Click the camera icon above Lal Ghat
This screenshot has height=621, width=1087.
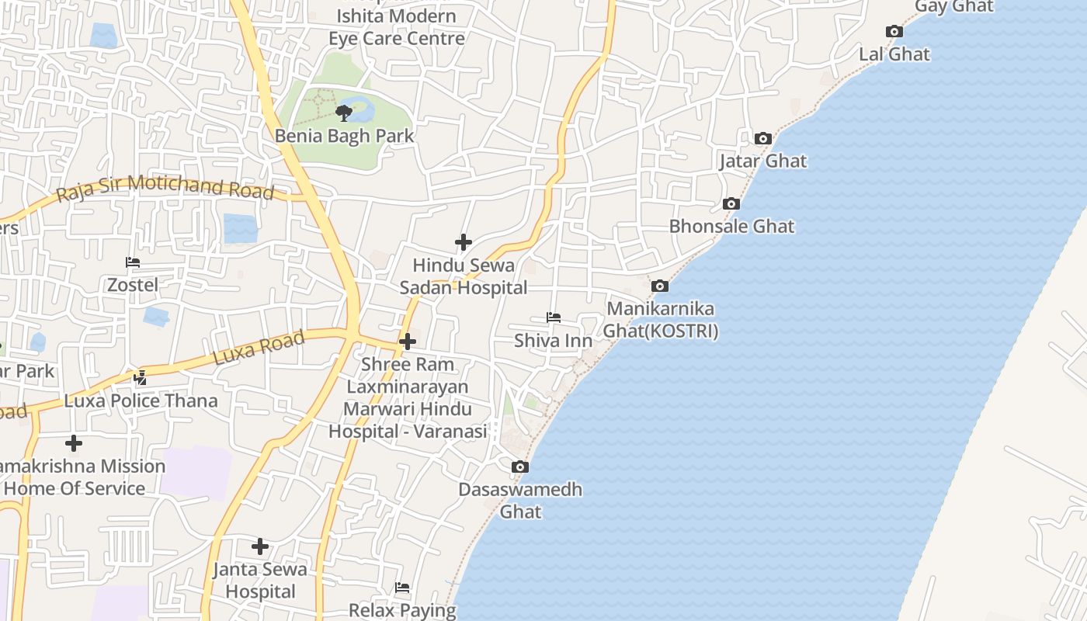pyautogui.click(x=894, y=32)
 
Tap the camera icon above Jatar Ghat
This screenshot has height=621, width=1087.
pyautogui.click(x=763, y=139)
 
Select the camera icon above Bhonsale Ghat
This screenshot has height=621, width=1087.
pyautogui.click(x=731, y=204)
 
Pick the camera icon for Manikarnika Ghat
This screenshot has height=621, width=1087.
pyautogui.click(x=660, y=286)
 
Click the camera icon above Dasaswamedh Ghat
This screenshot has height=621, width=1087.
pyautogui.click(x=520, y=467)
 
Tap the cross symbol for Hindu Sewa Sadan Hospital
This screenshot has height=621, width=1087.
pyautogui.click(x=464, y=243)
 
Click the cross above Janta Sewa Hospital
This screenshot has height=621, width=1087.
pyautogui.click(x=260, y=546)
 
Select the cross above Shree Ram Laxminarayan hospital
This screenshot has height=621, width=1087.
pyautogui.click(x=408, y=342)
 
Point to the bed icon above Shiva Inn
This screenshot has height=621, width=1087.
pyautogui.click(x=554, y=317)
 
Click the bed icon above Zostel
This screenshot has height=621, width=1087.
pyautogui.click(x=133, y=262)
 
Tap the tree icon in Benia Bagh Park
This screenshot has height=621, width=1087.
pyautogui.click(x=344, y=113)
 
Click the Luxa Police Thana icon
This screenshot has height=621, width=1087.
pyautogui.click(x=141, y=378)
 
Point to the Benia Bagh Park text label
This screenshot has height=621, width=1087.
pyautogui.click(x=345, y=136)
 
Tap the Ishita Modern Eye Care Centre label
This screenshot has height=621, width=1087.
pyautogui.click(x=397, y=27)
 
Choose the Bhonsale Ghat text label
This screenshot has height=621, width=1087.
pyautogui.click(x=732, y=227)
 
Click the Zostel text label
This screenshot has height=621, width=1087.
pyautogui.click(x=133, y=285)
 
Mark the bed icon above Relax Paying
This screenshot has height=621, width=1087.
pyautogui.click(x=402, y=588)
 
